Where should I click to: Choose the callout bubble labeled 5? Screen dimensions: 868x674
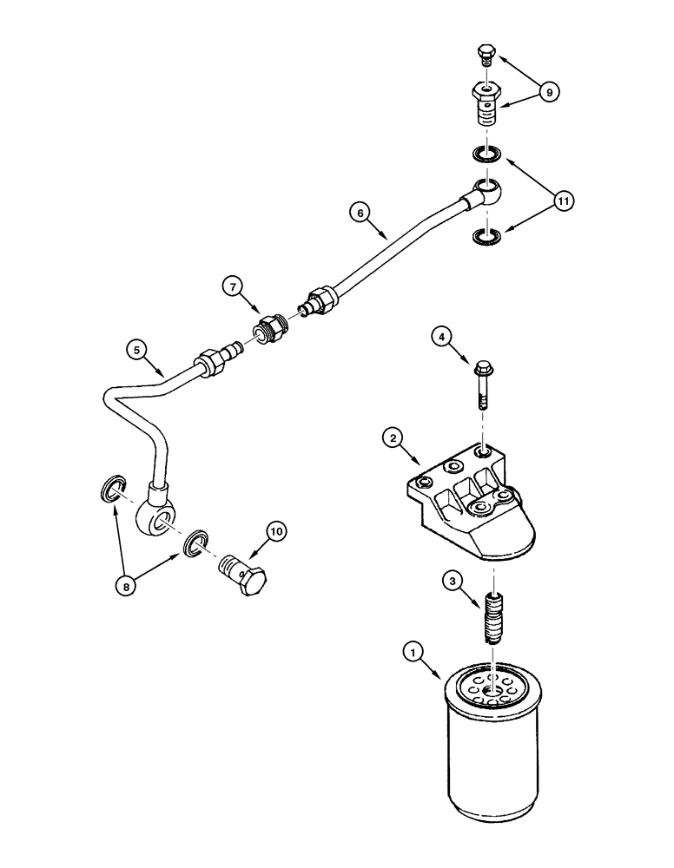[135, 350]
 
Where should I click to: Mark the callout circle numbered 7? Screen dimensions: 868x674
[234, 285]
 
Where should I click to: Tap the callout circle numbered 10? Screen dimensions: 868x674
[276, 530]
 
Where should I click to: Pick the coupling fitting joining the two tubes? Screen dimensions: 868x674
[268, 332]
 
